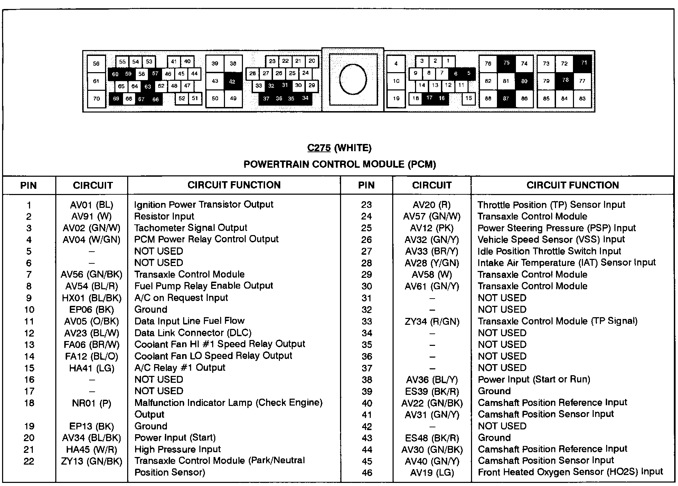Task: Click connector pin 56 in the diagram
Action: click(96, 64)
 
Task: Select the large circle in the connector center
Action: click(352, 79)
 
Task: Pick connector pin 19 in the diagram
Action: click(396, 98)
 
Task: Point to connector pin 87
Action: click(506, 98)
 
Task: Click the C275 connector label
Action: click(319, 148)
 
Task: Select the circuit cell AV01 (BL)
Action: click(92, 205)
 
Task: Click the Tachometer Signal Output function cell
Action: click(190, 228)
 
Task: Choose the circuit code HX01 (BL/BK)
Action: click(92, 298)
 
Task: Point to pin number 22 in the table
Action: click(29, 461)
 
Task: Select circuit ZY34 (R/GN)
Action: click(432, 322)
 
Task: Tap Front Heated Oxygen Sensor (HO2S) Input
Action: click(570, 472)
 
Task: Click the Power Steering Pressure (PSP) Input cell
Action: click(556, 228)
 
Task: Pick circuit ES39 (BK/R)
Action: click(432, 391)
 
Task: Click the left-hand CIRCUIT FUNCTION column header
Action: click(234, 185)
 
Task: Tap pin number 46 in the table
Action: click(367, 473)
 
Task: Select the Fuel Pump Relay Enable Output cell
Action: click(204, 286)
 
